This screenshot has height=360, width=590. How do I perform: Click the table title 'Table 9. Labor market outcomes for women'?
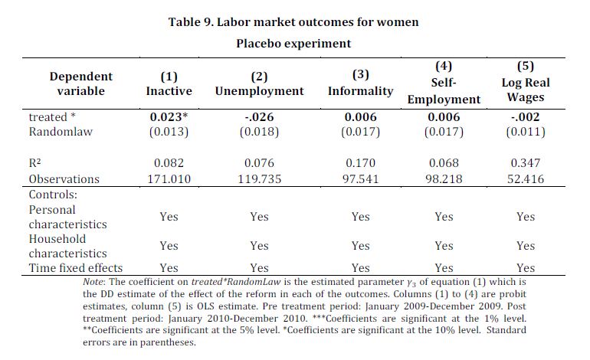pos(293,21)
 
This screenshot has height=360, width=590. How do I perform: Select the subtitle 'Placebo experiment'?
pos(293,44)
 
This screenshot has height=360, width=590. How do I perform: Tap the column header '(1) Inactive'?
pos(169,83)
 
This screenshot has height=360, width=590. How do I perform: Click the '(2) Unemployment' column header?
pos(259,83)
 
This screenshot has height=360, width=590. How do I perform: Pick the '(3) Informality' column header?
pos(360,83)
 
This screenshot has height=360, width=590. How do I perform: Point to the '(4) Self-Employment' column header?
pos(444,83)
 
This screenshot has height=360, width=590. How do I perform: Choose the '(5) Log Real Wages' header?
pos(526,82)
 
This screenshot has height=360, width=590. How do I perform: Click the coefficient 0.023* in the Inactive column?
pos(169,117)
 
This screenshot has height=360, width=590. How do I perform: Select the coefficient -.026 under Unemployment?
pos(259,117)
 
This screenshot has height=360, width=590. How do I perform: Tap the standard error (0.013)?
pos(169,132)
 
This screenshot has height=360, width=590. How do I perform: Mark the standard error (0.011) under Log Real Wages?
pos(526,132)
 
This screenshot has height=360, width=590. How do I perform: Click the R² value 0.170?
pos(360,163)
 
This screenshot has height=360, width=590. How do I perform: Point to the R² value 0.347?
pos(526,163)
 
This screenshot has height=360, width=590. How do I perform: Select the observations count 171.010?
pos(169,179)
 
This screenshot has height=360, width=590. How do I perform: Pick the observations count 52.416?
pos(526,179)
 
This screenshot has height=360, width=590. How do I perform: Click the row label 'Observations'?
pos(64,179)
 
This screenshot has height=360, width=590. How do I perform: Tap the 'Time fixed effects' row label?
pos(76,268)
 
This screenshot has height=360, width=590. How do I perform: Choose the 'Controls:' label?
pos(53,195)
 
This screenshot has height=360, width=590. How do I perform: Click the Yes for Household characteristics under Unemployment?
pos(259,246)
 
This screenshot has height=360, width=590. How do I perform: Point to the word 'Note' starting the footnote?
pos(93,282)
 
